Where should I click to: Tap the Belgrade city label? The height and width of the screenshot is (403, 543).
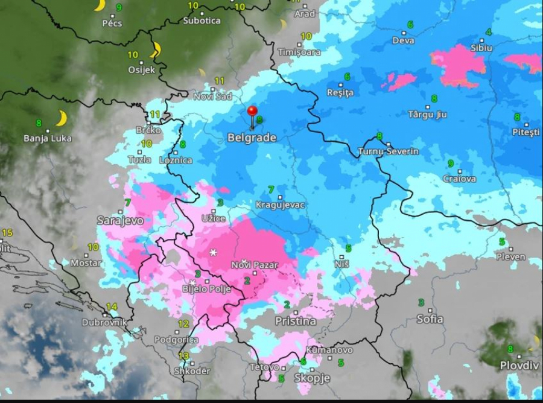pos(252,138)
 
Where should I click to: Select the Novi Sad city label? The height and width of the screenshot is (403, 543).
pos(212,97)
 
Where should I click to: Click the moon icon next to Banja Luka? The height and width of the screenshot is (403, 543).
pos(61,118)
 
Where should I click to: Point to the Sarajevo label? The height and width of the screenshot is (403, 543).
pos(121,221)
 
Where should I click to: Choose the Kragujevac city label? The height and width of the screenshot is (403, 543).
pos(280,205)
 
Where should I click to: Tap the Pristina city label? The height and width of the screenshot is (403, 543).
pos(295,321)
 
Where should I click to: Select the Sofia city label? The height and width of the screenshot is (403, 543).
pos(430,319)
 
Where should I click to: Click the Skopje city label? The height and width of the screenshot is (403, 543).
pos(312,378)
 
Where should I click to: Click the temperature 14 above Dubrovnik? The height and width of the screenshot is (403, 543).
pos(111,307)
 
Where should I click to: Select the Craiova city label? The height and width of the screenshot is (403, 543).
pos(459,179)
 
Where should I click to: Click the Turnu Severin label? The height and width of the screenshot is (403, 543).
pos(388,151)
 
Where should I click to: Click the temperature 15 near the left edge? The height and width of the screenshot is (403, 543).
pos(7,233)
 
